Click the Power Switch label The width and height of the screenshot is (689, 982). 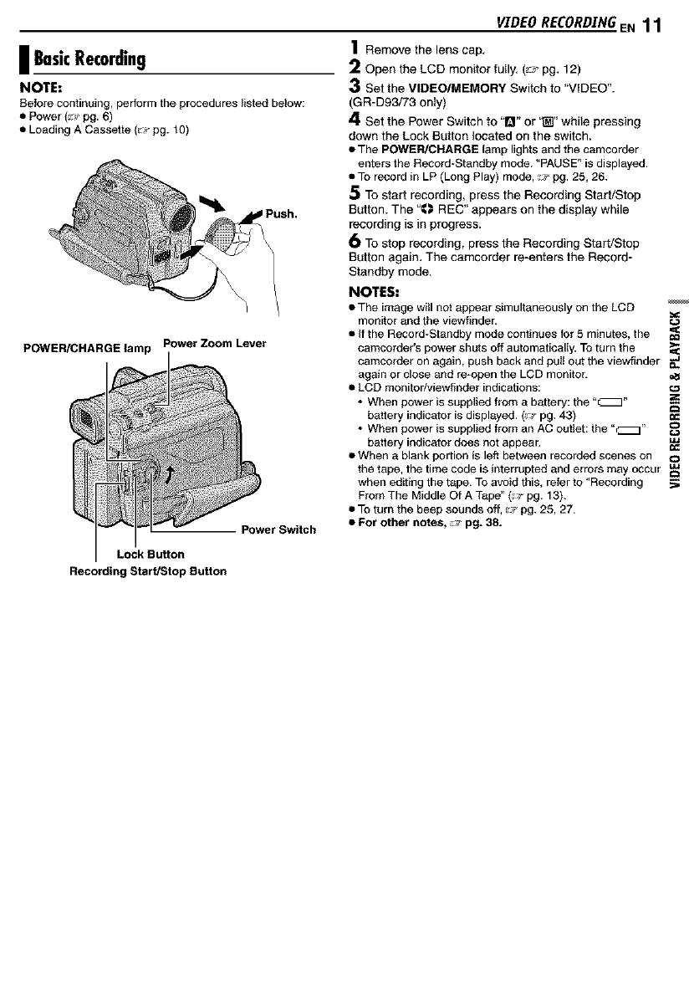(278, 529)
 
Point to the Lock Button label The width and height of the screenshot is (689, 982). (151, 554)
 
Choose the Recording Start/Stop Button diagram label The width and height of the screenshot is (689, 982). (147, 572)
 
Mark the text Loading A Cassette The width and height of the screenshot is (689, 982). (73, 130)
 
